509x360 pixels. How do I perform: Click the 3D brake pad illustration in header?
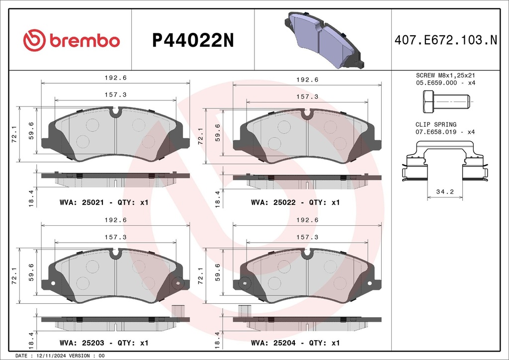[x=324, y=39]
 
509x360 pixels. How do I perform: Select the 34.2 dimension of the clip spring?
[x=445, y=191]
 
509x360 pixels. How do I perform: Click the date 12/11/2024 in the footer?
[x=51, y=356]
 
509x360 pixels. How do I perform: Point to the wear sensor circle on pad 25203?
[x=175, y=283]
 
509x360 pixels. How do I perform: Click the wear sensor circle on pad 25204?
[x=244, y=283]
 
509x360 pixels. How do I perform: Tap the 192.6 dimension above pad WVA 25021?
[x=115, y=78]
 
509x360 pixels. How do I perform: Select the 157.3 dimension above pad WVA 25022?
[x=308, y=97]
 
